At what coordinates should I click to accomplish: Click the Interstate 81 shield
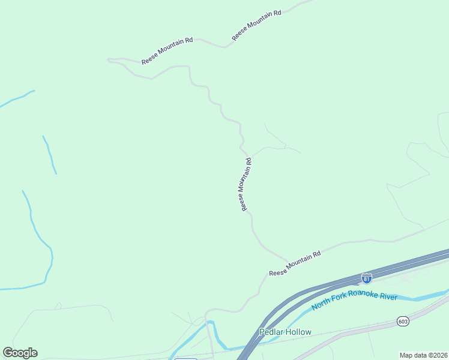click(x=367, y=278)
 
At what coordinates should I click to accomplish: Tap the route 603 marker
click(x=403, y=322)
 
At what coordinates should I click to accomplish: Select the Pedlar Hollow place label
click(x=285, y=332)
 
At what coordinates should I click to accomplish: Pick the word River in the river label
click(x=389, y=296)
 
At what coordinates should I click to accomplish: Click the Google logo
click(x=20, y=353)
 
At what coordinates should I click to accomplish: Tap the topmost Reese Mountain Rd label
click(x=256, y=25)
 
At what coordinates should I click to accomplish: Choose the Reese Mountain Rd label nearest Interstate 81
click(x=295, y=263)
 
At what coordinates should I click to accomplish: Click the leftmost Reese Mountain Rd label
click(x=167, y=51)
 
